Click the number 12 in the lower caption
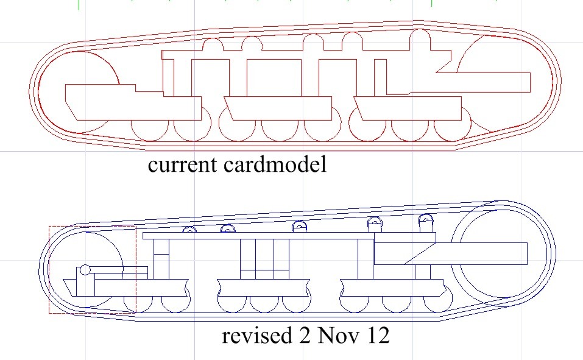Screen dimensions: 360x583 point(377,336)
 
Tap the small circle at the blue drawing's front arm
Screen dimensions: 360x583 point(85,269)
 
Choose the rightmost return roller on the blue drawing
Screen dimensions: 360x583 point(426,223)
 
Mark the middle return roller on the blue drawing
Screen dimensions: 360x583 point(299,227)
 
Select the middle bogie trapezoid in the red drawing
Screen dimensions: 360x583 point(279,108)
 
